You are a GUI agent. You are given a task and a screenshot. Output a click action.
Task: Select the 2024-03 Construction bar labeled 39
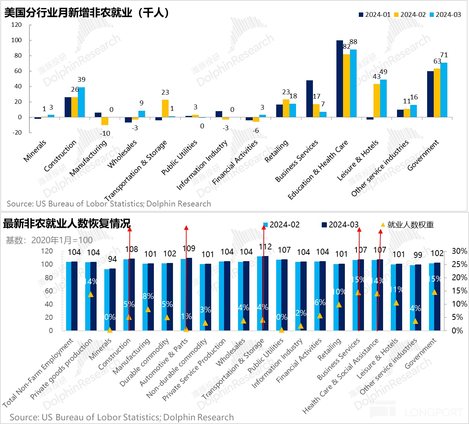(82, 102)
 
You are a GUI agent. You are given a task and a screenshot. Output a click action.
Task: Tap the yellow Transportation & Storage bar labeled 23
(165, 109)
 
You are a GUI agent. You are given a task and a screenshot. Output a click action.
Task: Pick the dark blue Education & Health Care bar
(340, 79)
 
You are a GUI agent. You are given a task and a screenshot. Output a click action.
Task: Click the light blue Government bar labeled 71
(444, 90)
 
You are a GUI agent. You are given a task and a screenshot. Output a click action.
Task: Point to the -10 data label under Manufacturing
(105, 134)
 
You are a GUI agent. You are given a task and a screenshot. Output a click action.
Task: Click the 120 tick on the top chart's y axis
(17, 25)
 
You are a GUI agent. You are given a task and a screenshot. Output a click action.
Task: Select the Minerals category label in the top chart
(35, 150)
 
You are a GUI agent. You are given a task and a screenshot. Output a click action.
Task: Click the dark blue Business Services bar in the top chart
(310, 99)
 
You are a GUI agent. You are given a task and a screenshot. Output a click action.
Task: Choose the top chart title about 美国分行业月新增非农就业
(87, 13)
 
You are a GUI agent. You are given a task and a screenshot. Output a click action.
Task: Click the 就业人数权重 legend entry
(408, 225)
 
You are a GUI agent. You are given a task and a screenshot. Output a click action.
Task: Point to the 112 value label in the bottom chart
(265, 247)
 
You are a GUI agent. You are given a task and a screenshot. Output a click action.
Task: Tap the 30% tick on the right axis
(459, 251)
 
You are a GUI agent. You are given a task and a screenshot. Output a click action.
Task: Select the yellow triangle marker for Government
(434, 292)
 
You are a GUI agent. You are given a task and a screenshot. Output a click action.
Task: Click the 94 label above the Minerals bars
(112, 259)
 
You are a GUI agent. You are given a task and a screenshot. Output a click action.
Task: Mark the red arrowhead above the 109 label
(186, 228)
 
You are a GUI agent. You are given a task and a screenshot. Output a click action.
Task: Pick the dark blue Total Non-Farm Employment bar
(75, 296)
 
